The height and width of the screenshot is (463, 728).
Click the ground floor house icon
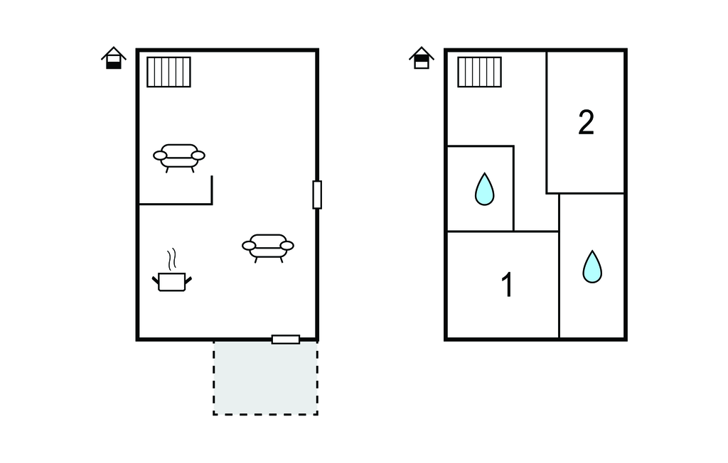coord(114,58)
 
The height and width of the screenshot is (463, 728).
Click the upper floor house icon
coord(422,58)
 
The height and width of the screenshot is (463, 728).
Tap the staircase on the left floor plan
coord(169,72)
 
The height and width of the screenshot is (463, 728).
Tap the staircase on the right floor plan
coord(480,72)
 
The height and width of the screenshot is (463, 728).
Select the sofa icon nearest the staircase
coord(179,158)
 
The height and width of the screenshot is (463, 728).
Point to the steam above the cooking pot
coord(172,259)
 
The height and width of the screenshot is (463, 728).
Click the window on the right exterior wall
coord(317,195)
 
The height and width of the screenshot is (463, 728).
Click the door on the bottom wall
coord(286,339)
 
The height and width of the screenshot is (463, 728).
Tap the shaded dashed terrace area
coord(266,378)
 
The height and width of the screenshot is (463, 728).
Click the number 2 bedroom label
coord(586,122)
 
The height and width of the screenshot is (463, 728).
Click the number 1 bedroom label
coord(508,284)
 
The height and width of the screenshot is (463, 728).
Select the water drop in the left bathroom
coord(485,189)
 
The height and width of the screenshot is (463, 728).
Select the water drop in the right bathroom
coord(592,266)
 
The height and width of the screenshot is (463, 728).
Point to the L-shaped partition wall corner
coord(212,203)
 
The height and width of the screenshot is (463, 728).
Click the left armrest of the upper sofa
coord(160,156)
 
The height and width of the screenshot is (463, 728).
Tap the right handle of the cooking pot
coord(188,280)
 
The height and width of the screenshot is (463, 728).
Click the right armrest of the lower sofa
coord(287,246)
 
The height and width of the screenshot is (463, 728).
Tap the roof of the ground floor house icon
coord(114,53)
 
